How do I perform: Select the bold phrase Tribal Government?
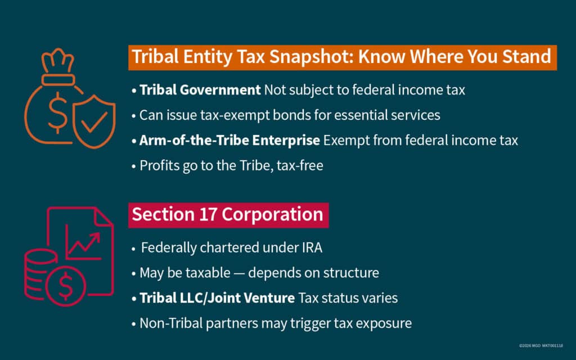[x=200, y=90]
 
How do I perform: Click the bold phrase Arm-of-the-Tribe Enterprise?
[x=229, y=140]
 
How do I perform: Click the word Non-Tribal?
[x=169, y=323]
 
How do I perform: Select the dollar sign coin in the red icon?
[x=66, y=289]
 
